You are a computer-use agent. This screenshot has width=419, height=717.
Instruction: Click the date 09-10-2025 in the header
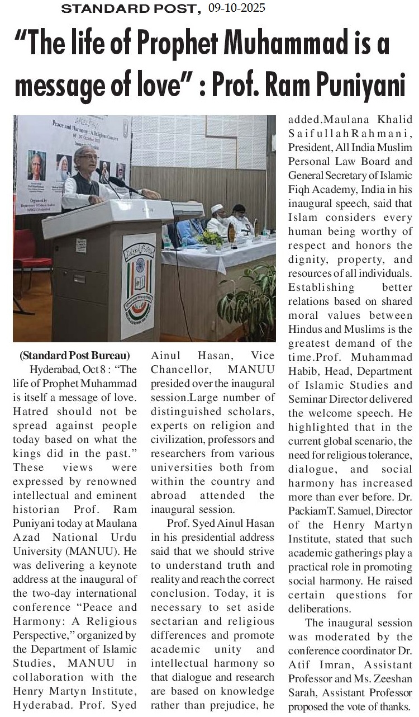tap(236, 8)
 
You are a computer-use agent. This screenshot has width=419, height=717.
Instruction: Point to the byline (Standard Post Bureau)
tap(74, 355)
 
